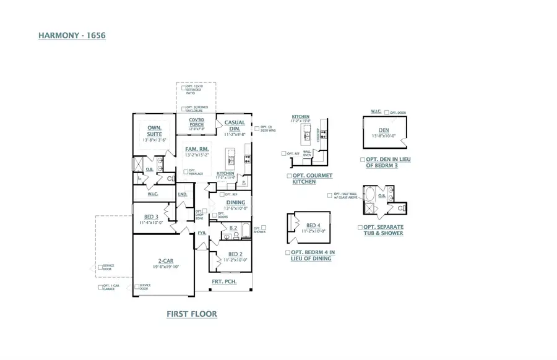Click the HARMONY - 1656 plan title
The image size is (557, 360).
72,36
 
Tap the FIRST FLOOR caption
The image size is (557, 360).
192,314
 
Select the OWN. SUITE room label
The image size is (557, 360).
154,131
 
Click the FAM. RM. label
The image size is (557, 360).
196,149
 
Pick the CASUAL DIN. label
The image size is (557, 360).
235,126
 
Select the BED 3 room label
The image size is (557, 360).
152,216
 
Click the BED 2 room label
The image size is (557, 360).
235,254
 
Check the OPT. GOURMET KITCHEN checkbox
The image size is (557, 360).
289,176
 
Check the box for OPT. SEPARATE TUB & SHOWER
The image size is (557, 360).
360,227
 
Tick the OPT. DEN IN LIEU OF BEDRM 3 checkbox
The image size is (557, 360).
361,160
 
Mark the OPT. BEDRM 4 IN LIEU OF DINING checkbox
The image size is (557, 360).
288,253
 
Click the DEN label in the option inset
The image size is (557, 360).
384,130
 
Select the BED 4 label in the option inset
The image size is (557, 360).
313,225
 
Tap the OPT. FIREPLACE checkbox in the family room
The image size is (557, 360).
186,171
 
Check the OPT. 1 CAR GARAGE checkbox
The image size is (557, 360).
100,287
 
